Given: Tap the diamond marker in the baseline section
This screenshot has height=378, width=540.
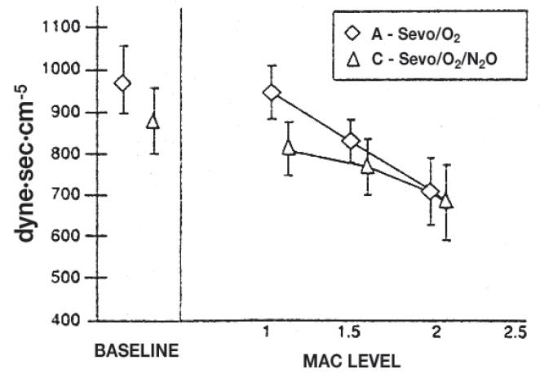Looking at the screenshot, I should (x=123, y=83).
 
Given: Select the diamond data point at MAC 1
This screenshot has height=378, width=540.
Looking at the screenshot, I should (x=272, y=92).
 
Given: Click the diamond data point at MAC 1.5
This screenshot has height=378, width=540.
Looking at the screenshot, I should (x=352, y=141).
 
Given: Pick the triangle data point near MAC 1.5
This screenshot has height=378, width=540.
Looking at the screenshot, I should (x=368, y=167).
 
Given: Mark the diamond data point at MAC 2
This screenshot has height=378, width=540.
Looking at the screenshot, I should (x=431, y=192).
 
